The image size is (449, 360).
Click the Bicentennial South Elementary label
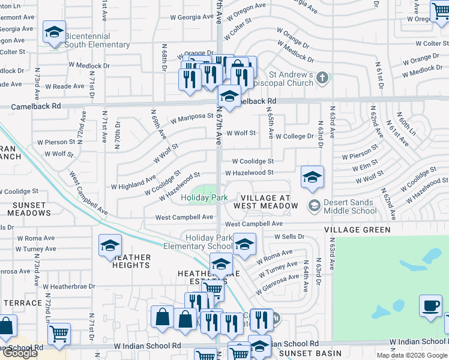click(97, 41)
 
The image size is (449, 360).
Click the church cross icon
click(322, 78)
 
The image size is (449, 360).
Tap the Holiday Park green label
click(204, 197)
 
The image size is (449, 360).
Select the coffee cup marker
click(430, 305)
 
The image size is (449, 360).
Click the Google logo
click(20, 353)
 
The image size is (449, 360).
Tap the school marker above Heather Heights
click(110, 245)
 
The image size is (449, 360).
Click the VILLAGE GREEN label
click(357, 230)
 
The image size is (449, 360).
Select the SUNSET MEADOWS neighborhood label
click(29, 209)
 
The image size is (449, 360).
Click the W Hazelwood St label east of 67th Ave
click(249, 173)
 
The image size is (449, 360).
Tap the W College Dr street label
click(294, 137)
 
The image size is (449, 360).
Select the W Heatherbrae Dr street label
click(68, 287)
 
